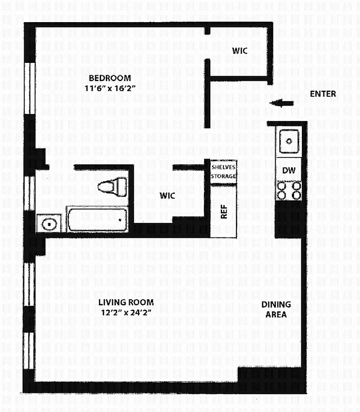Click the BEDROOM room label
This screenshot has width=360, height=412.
(x=110, y=78)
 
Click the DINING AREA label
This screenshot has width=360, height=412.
(x=276, y=309)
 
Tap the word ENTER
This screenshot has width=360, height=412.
(x=323, y=94)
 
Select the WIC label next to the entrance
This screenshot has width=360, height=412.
(x=239, y=51)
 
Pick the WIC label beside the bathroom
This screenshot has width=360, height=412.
(x=167, y=196)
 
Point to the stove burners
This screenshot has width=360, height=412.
(x=289, y=191)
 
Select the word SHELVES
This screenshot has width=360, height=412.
(x=224, y=166)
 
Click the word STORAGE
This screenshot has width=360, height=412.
(x=224, y=176)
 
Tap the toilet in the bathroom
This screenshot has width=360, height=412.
(x=113, y=186)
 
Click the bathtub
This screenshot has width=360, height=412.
(x=97, y=219)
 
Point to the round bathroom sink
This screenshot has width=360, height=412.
(x=49, y=224)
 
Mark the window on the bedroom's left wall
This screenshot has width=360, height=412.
(x=29, y=88)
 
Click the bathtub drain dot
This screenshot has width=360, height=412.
(x=120, y=219)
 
